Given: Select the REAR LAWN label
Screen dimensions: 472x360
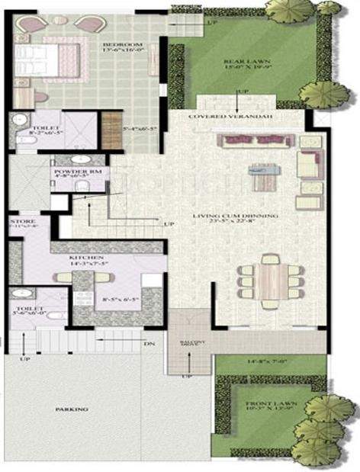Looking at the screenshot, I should tap(239, 62).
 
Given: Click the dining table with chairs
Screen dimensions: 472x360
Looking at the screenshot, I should tap(271, 280).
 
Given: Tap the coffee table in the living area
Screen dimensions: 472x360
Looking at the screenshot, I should tap(262, 180).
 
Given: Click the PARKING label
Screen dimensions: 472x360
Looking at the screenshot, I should tap(72, 409).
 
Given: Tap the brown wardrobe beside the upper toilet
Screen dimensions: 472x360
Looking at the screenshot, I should tap(111, 130).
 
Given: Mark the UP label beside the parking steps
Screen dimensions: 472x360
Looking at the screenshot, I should tap(25, 358).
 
